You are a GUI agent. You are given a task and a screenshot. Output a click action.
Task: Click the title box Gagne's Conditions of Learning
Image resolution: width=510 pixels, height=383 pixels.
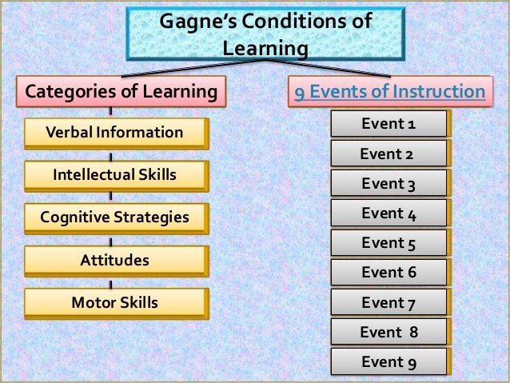pyautogui.click(x=265, y=33)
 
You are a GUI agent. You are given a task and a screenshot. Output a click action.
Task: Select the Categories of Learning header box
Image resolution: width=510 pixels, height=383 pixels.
pyautogui.click(x=122, y=92)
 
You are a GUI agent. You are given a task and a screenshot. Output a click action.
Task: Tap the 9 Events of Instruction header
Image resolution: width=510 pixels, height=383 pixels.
pyautogui.click(x=389, y=92)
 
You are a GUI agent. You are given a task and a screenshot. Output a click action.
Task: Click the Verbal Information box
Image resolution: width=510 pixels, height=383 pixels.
pyautogui.click(x=114, y=132)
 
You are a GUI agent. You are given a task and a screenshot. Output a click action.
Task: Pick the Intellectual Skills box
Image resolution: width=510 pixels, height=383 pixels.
pyautogui.click(x=114, y=174)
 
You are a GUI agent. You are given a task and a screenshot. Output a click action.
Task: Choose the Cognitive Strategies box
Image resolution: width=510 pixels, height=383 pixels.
pyautogui.click(x=114, y=217)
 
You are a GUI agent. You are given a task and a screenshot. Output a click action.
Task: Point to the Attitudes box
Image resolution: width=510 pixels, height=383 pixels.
pyautogui.click(x=114, y=260)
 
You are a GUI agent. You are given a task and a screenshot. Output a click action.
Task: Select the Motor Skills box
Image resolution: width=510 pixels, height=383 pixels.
pyautogui.click(x=114, y=302)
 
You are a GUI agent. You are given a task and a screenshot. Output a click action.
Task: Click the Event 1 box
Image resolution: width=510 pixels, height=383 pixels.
pyautogui.click(x=388, y=124)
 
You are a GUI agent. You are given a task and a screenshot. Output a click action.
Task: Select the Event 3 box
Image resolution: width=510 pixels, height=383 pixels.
pyautogui.click(x=388, y=184)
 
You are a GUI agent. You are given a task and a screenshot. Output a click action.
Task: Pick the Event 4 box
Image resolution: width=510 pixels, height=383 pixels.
pyautogui.click(x=388, y=213)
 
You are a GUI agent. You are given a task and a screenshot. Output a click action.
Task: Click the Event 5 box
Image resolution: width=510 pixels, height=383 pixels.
pyautogui.click(x=388, y=243)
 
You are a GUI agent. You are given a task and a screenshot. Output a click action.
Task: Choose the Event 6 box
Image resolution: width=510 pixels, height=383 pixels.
pyautogui.click(x=388, y=273)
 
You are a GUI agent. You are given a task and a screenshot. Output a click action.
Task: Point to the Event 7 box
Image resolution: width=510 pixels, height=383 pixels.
pyautogui.click(x=388, y=303)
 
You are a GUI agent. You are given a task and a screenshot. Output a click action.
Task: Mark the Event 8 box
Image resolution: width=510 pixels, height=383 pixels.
pyautogui.click(x=388, y=332)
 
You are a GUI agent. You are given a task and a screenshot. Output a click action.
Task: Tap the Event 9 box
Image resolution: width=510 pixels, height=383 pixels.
pyautogui.click(x=388, y=361)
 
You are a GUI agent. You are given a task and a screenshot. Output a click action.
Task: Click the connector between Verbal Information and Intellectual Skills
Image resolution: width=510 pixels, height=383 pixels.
pyautogui.click(x=110, y=154)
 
